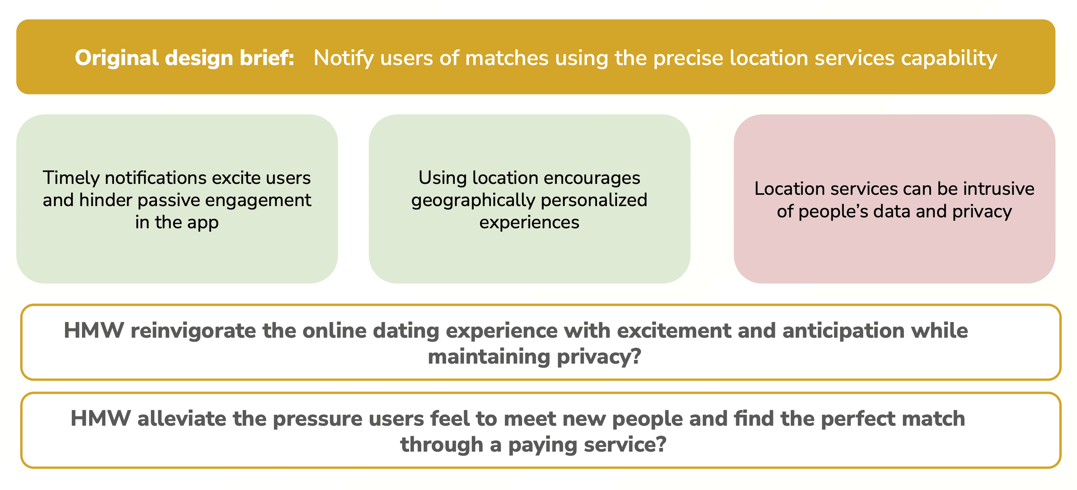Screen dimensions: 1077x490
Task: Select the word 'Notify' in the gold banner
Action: point(343,59)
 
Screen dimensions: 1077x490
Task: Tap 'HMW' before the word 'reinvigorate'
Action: point(94,331)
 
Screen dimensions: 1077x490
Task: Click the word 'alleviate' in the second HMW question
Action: point(181,419)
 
